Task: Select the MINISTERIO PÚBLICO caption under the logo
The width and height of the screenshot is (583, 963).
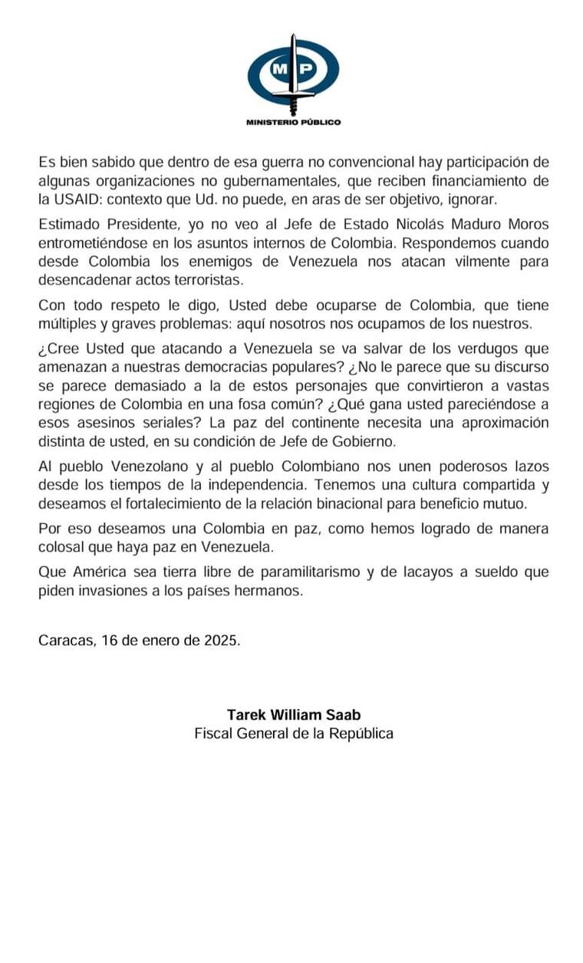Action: [x=293, y=122]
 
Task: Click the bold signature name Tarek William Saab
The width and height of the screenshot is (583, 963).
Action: [x=294, y=714]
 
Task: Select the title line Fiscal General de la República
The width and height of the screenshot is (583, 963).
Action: [x=294, y=733]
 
